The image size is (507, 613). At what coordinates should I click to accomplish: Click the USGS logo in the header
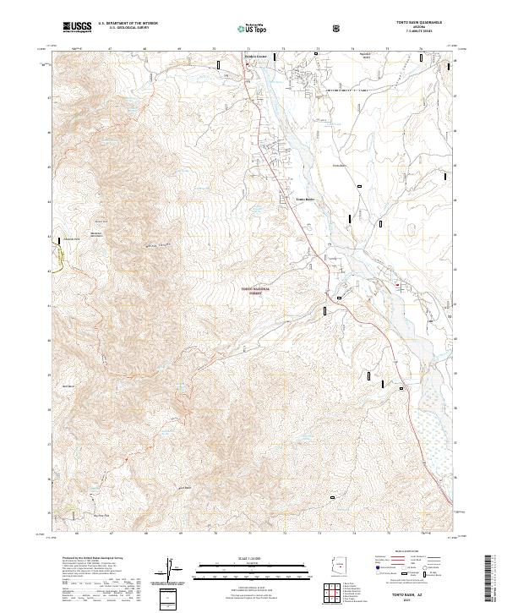pyautogui.click(x=77, y=27)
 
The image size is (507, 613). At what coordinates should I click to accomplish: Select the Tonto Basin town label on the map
pyautogui.click(x=304, y=200)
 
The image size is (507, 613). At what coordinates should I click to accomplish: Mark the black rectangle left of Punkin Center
pyautogui.click(x=219, y=64)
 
